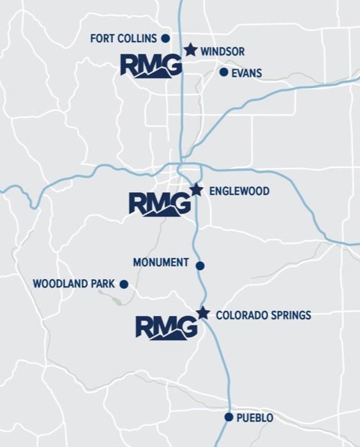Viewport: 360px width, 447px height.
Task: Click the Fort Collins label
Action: (123, 38)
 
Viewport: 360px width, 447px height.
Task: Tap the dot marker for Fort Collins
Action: (165, 38)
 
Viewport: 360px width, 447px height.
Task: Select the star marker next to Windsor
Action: (190, 50)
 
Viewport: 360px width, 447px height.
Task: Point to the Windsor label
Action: (222, 51)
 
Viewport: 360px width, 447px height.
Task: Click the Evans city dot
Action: (223, 72)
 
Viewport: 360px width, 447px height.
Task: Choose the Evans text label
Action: (246, 73)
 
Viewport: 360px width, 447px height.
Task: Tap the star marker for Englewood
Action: (197, 190)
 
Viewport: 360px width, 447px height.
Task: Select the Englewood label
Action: (239, 191)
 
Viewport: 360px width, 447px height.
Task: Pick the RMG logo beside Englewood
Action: (160, 204)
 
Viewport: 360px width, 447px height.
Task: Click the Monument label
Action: (161, 262)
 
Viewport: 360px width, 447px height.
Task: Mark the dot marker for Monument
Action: (200, 266)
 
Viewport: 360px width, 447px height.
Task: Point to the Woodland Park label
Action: (74, 283)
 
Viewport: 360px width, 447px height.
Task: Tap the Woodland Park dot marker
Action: (124, 284)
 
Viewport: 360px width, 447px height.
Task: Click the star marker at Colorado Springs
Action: (203, 313)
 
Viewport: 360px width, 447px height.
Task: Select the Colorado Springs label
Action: (264, 315)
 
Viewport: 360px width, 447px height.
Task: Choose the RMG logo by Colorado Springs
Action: (167, 328)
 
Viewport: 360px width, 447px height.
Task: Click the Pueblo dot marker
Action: (229, 417)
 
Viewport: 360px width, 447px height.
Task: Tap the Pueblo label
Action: (255, 418)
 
